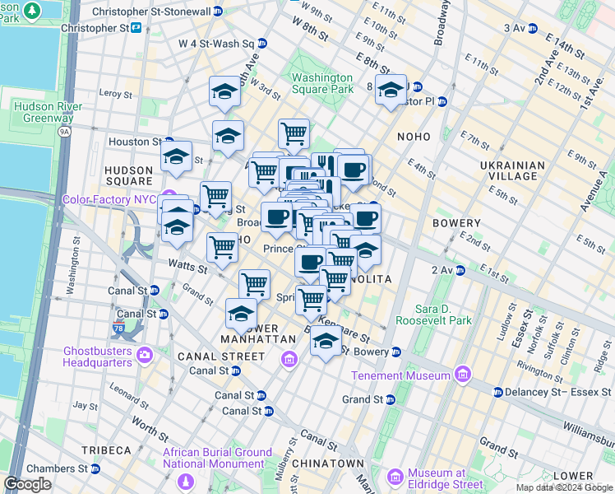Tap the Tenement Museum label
pos(402,375)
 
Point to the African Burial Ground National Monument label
pos(218,459)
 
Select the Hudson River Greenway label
pos(43,111)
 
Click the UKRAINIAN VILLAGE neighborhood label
pos(512,171)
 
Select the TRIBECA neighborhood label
pos(106,450)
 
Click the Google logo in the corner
pos(27,484)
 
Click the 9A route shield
pos(63,130)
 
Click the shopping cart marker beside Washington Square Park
pos(294,133)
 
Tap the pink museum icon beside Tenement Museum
pos(462,375)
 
